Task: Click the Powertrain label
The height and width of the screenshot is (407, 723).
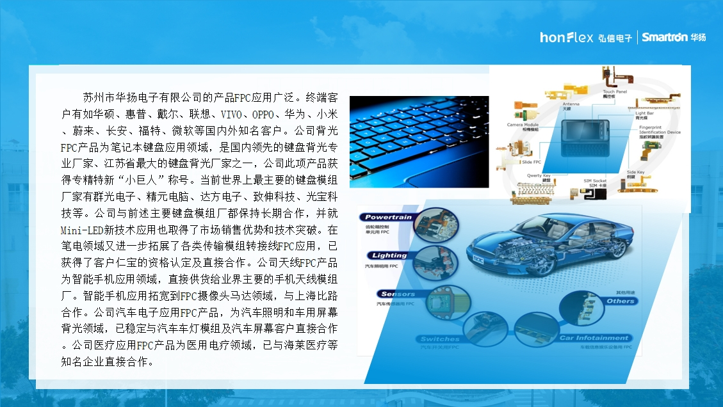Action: [x=389, y=218]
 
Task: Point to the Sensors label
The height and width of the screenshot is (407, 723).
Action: [x=398, y=294]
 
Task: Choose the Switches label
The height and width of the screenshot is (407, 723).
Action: [x=440, y=339]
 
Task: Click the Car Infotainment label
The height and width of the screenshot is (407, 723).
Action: [x=594, y=338]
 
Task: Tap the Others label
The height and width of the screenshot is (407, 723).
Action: [x=620, y=301]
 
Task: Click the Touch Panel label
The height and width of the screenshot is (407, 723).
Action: [x=615, y=92]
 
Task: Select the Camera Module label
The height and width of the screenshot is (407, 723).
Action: [x=523, y=125]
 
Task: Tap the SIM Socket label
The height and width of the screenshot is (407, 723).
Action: [x=595, y=181]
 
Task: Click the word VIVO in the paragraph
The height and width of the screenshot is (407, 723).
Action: [x=231, y=115]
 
